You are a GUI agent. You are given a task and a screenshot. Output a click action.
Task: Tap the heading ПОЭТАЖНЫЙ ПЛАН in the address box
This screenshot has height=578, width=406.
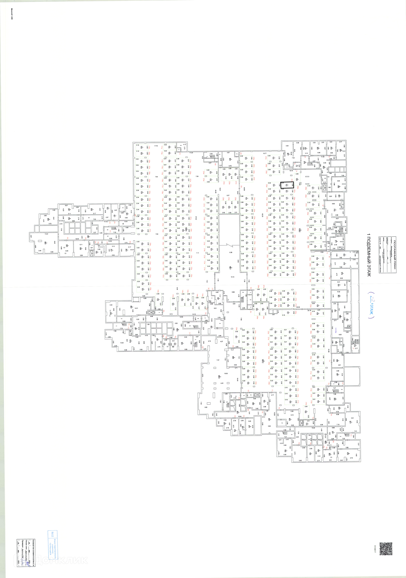(x=394, y=254)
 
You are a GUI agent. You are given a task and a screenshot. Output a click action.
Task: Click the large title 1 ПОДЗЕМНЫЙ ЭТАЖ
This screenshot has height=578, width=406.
(x=369, y=255)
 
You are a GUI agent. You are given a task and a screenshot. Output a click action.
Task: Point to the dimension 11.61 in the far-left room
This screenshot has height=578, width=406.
(x=46, y=234)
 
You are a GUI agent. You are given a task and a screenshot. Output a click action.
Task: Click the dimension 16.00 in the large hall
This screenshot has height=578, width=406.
(x=226, y=373)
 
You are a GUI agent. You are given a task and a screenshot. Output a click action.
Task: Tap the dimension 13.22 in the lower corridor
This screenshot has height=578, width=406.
(x=313, y=428)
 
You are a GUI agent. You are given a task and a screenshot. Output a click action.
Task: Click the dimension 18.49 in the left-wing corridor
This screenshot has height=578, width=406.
(x=77, y=239)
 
